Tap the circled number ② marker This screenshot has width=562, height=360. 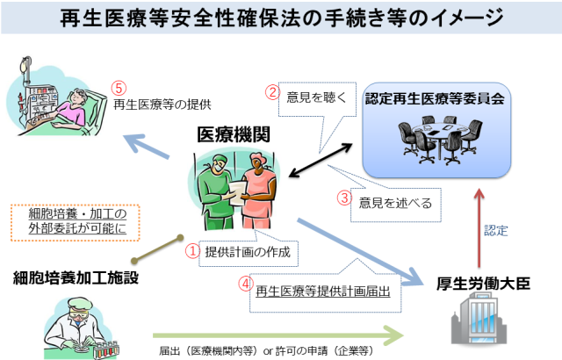pos(273,91)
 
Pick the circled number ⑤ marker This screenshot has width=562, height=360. pos(120,87)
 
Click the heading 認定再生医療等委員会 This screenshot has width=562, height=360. pos(436,99)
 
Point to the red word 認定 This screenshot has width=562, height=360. pos(496,230)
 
